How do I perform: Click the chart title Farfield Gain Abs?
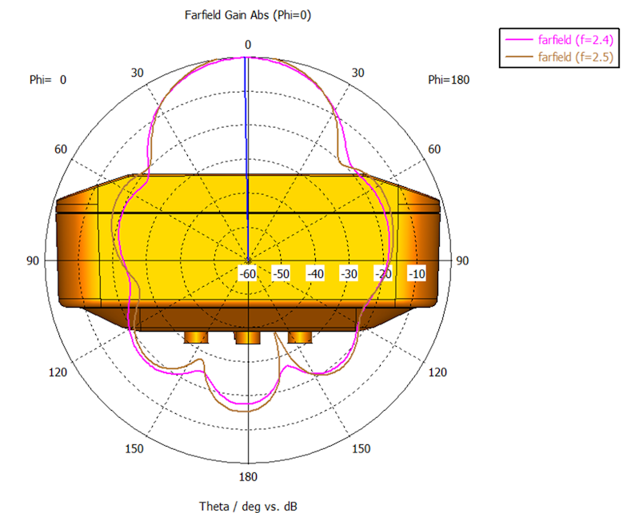(x=227, y=15)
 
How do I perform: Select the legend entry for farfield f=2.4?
(x=559, y=40)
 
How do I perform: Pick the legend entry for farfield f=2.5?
(x=559, y=57)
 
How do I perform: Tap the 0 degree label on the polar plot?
(x=248, y=45)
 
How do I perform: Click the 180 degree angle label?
(x=248, y=476)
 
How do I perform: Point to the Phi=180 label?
(x=449, y=80)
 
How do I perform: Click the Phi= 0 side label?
(x=48, y=80)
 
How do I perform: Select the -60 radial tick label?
(x=248, y=273)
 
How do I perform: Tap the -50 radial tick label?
(x=282, y=273)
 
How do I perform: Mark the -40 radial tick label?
(x=315, y=273)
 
